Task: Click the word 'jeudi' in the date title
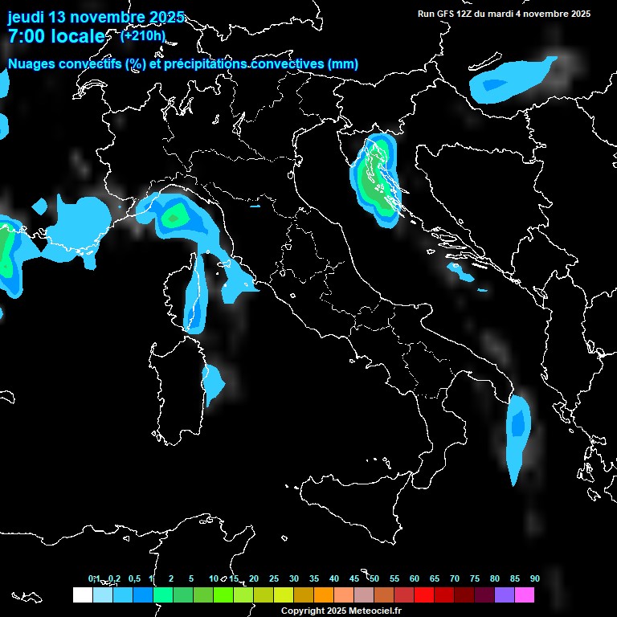pyautogui.click(x=26, y=17)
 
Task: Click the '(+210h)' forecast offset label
pyautogui.click(x=142, y=35)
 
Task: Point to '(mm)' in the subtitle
pyautogui.click(x=343, y=64)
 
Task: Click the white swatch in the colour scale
pyautogui.click(x=82, y=595)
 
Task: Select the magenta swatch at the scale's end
pyautogui.click(x=525, y=595)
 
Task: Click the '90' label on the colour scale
pyautogui.click(x=534, y=579)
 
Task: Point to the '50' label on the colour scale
pyautogui.click(x=374, y=579)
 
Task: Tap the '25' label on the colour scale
pyautogui.click(x=273, y=579)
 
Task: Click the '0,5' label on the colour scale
pyautogui.click(x=133, y=579)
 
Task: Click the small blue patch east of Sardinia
pyautogui.click(x=213, y=382)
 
